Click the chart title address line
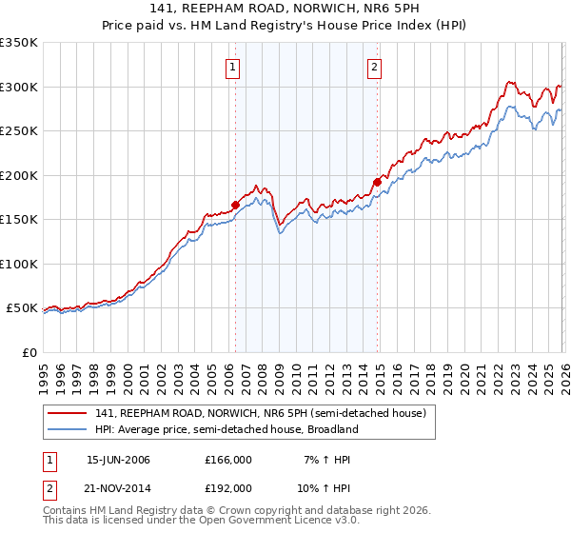[285, 9]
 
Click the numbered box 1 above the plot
[233, 67]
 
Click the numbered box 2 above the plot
[375, 67]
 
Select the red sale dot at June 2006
[235, 205]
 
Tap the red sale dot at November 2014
[378, 182]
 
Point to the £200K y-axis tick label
[19, 175]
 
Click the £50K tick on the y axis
[22, 308]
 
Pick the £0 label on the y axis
[29, 353]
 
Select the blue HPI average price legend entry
[226, 429]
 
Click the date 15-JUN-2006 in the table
[118, 460]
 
